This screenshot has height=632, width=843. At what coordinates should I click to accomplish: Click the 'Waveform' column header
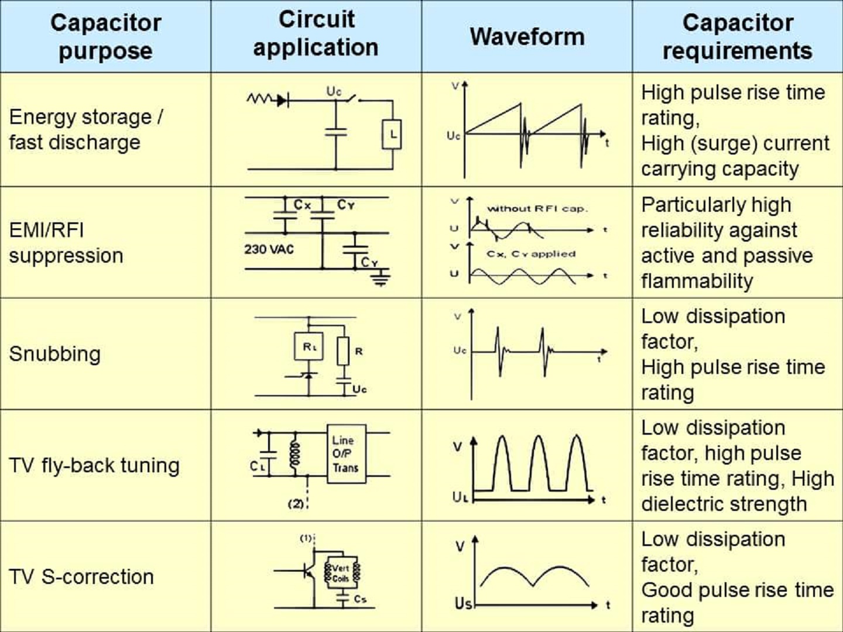point(527,36)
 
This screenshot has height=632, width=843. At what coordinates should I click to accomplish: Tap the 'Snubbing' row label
point(55,353)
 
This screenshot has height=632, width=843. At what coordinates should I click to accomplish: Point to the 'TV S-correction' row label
point(81,576)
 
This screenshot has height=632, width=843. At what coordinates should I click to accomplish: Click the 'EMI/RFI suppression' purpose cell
point(66,242)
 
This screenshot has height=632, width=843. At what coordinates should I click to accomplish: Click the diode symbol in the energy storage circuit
point(282,100)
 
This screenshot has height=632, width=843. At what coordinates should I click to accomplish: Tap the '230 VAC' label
point(269,249)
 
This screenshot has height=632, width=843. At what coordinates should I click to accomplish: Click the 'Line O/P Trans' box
point(346,454)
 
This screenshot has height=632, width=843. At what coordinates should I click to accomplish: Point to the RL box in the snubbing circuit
point(309,346)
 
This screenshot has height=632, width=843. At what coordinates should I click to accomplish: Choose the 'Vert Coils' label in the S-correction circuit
point(340,573)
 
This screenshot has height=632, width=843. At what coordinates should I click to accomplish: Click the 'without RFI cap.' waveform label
point(537,208)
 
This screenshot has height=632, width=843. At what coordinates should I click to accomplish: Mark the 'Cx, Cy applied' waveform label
point(531,254)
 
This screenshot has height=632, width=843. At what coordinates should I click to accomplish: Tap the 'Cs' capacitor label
point(360,599)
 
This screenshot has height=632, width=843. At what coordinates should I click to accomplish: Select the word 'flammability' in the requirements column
point(697,281)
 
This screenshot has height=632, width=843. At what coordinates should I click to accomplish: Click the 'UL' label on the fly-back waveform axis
point(461,497)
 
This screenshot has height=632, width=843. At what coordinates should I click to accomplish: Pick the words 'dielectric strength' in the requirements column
point(724,504)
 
